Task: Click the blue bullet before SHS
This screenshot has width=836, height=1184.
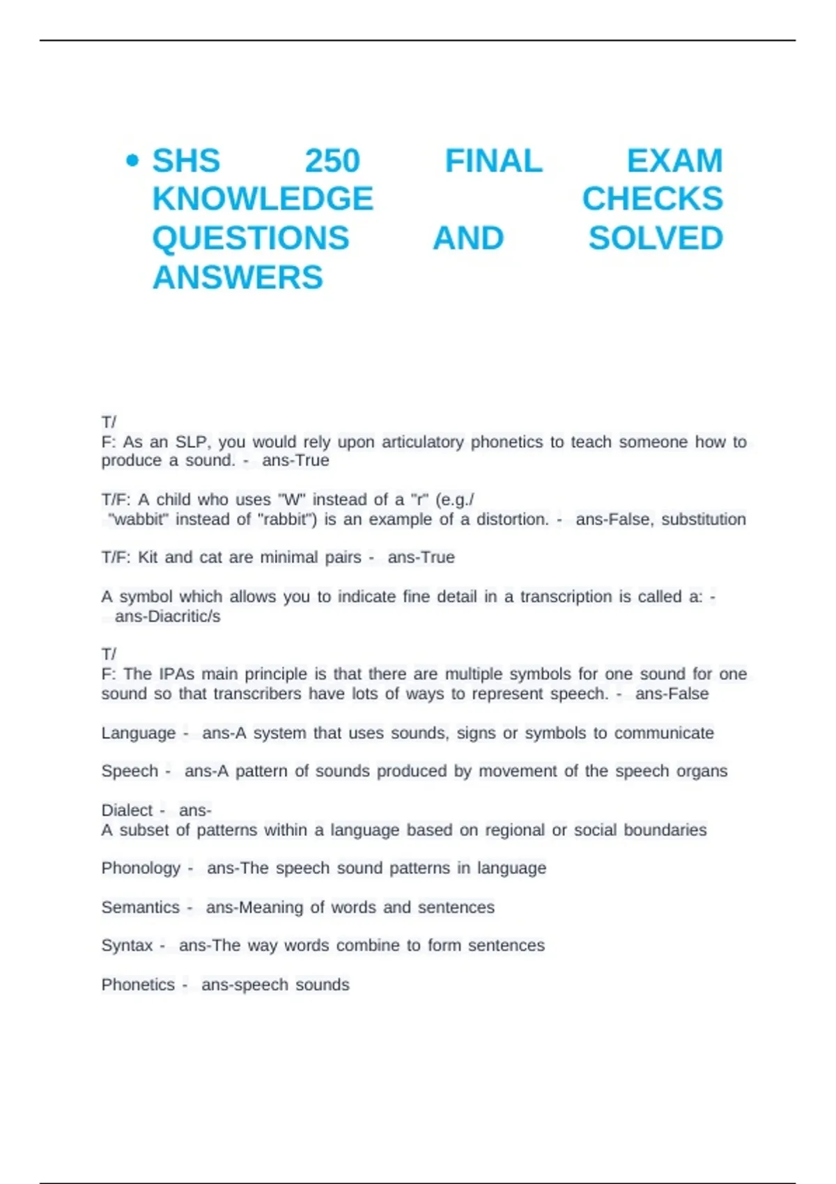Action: click(132, 162)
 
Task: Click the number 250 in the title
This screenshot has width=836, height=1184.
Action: click(332, 162)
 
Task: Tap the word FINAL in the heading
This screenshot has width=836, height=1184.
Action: click(493, 162)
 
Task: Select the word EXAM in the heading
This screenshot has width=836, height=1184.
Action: click(674, 162)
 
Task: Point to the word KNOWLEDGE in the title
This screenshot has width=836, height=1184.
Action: click(263, 200)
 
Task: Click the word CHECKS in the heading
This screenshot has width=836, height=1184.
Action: click(652, 200)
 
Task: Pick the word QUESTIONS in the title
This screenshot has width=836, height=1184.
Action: click(251, 239)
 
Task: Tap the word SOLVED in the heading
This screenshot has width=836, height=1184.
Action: click(656, 239)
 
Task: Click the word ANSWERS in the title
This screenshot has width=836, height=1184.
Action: click(238, 278)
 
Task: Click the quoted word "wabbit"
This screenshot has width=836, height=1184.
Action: click(139, 520)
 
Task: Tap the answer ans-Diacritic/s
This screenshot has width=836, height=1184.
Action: click(167, 616)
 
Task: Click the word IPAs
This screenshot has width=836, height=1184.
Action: click(177, 674)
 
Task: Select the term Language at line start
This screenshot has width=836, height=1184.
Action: click(138, 733)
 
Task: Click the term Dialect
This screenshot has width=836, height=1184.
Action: click(126, 811)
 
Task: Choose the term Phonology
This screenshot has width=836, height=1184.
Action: click(140, 868)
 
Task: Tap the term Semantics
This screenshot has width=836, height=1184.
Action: click(140, 908)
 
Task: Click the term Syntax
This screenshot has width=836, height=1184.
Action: click(126, 946)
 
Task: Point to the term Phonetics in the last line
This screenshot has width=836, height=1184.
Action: click(137, 985)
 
